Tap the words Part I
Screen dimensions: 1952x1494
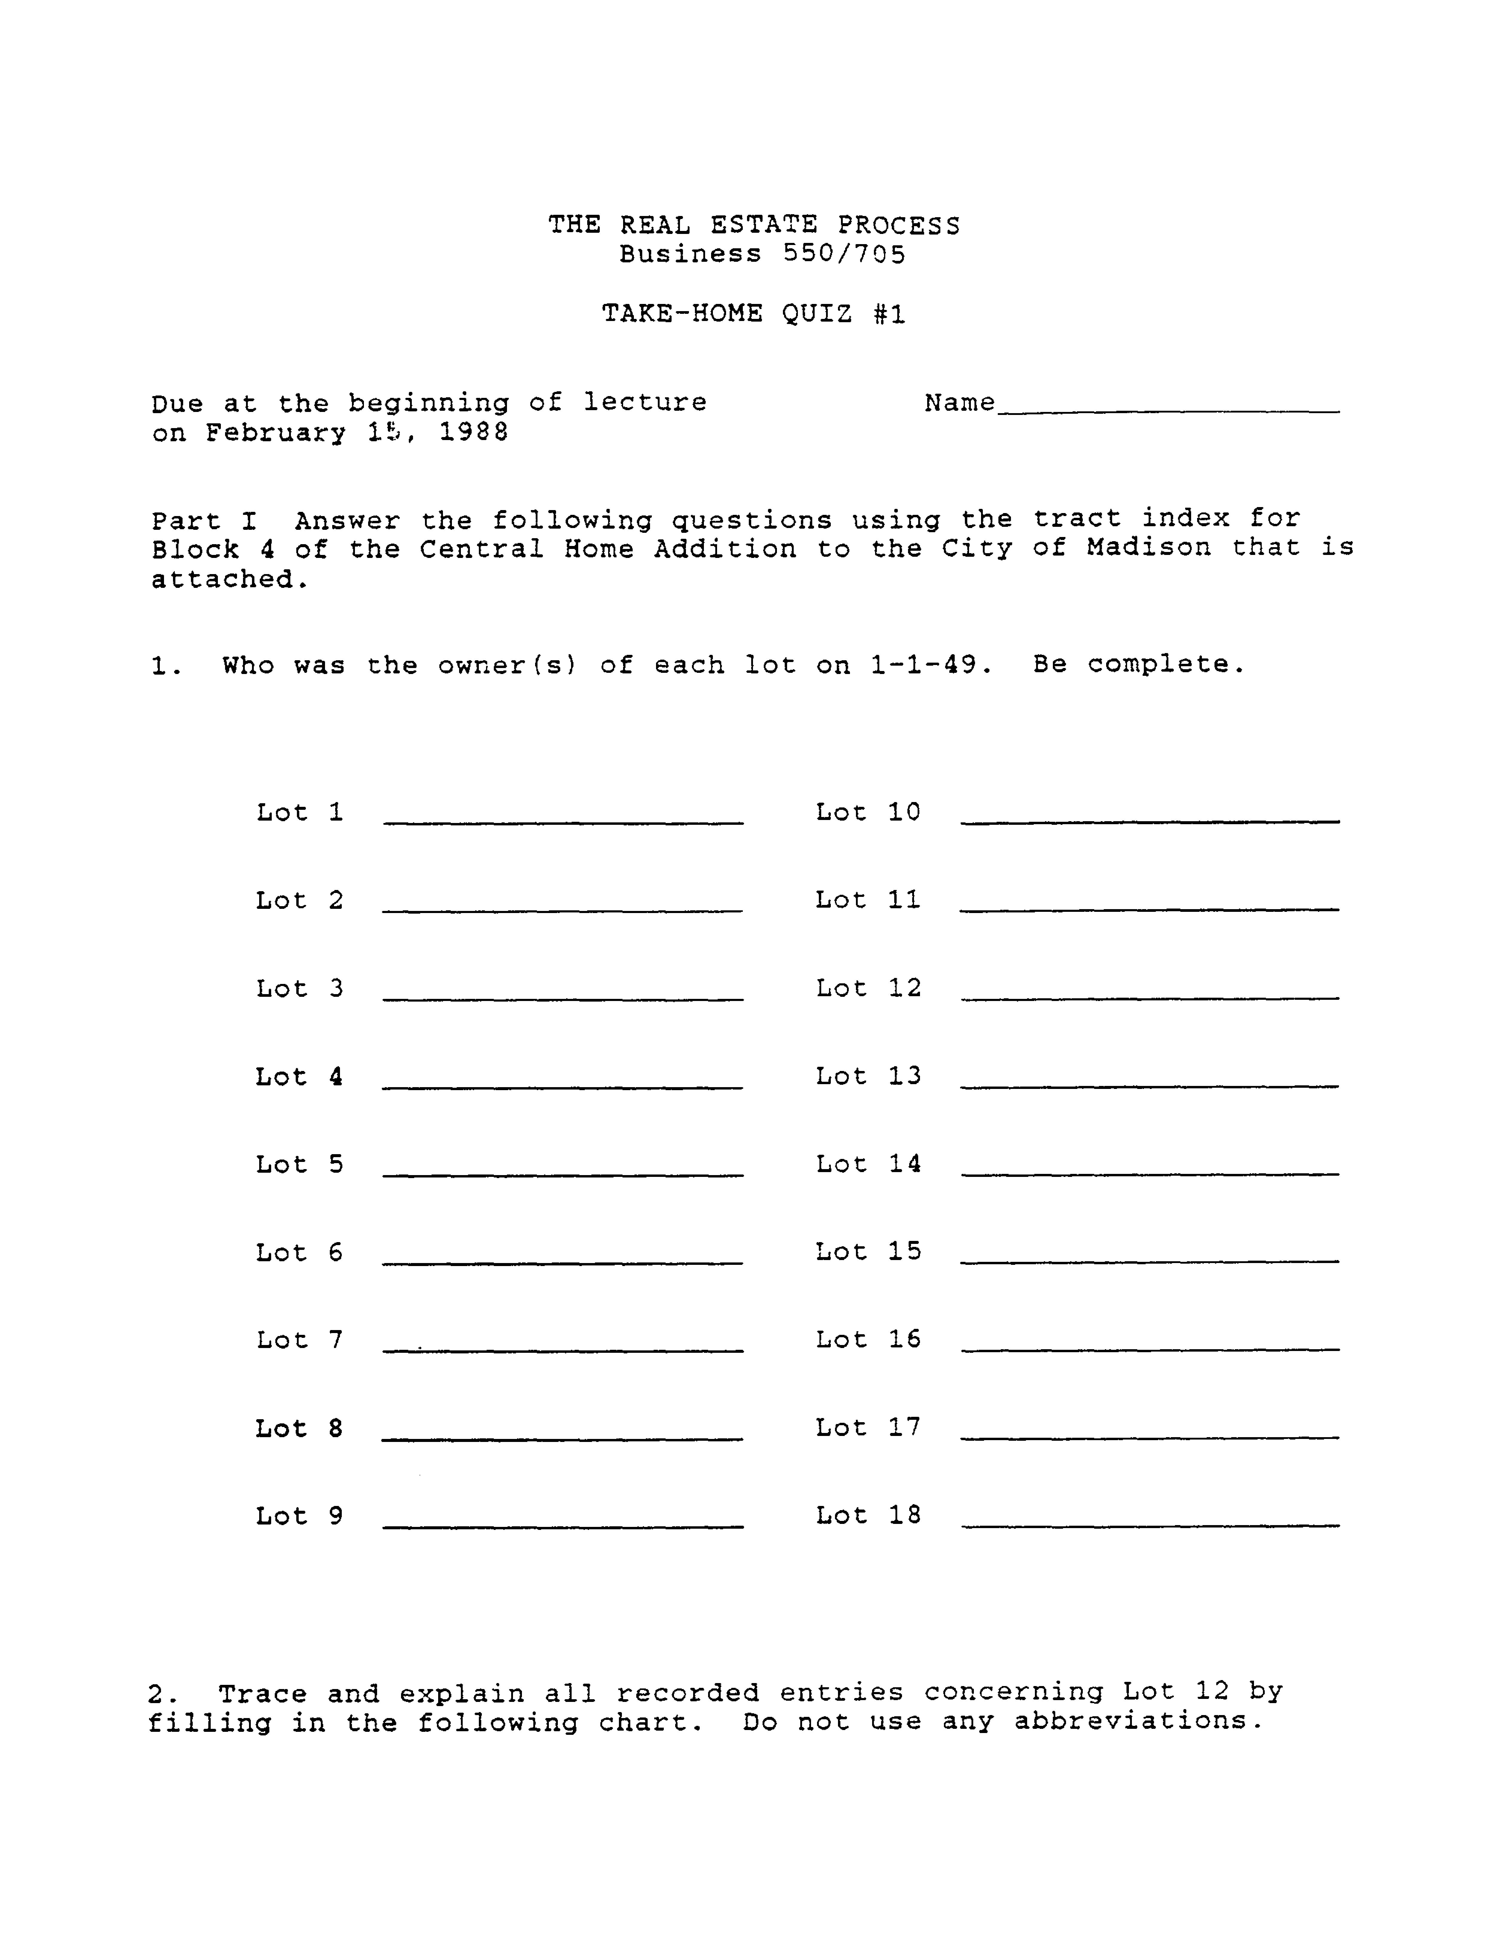(x=204, y=520)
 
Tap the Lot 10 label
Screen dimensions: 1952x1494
(x=868, y=812)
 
